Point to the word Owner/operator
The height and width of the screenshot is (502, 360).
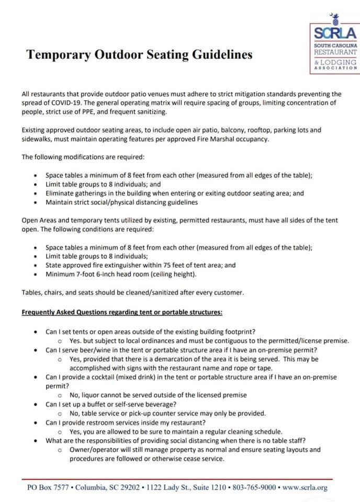[x=95, y=450]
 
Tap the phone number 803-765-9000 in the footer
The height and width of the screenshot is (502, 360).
[x=254, y=487]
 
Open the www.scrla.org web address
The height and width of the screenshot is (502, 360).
[x=305, y=487]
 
